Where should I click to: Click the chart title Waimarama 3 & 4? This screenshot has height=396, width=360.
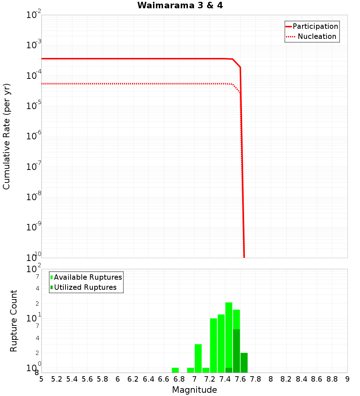180,5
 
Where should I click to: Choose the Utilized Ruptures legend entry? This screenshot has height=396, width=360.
85,287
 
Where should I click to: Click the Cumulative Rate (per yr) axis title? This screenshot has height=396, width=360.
6,136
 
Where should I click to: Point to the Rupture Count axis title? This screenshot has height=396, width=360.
14,321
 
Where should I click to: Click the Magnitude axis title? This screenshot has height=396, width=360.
194,390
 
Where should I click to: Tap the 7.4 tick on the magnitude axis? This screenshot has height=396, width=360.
225,379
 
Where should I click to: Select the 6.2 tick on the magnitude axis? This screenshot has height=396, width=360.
133,379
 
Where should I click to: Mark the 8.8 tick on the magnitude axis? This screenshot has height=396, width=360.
332,379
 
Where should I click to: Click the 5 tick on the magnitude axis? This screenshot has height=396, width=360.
41,379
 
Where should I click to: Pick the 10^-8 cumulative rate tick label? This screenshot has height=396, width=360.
34,197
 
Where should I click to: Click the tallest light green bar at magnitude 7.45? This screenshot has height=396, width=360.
229,335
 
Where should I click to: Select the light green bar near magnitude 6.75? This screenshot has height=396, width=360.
175,370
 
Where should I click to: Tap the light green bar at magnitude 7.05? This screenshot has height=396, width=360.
198,358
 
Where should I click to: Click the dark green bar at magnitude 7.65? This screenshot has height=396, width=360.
244,363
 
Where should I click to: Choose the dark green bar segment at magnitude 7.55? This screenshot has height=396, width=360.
237,351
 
